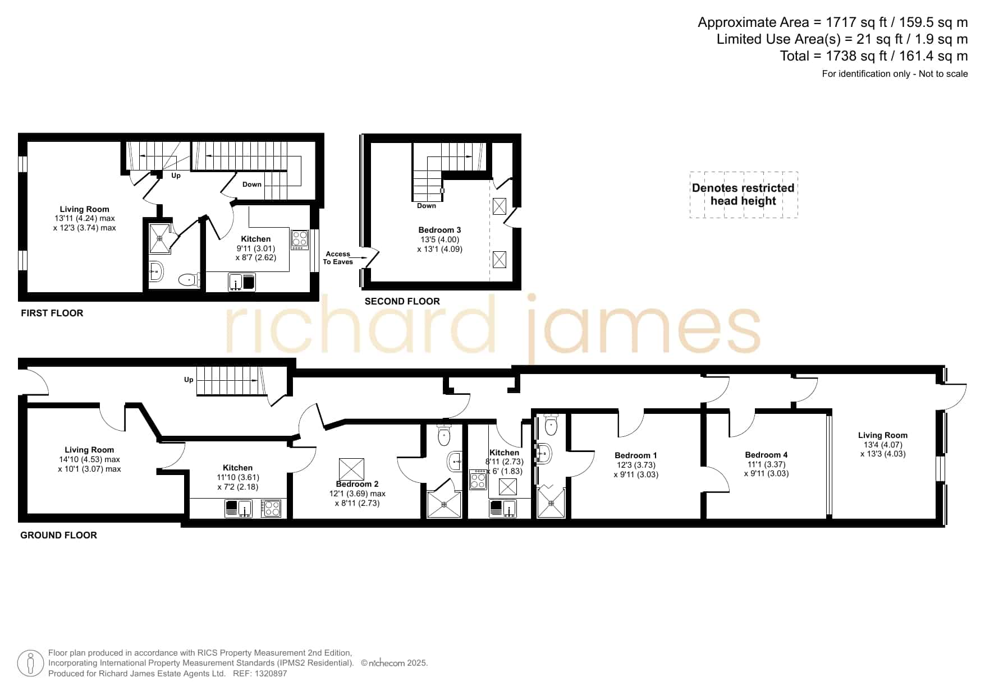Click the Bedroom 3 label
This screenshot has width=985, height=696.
439,230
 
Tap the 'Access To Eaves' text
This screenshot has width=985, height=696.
338,258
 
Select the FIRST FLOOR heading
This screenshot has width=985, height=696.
52,313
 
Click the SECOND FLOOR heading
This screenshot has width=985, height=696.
402,301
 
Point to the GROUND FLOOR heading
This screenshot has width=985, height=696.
58,535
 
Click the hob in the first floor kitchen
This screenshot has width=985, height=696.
299,240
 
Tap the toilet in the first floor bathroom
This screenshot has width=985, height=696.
189,279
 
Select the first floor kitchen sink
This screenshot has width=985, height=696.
242,282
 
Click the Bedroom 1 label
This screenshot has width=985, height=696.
636,455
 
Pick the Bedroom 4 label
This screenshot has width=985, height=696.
766,455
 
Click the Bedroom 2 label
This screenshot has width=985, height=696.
357,484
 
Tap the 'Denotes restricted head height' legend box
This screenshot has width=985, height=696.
744,195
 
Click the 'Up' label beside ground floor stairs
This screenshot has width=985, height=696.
189,380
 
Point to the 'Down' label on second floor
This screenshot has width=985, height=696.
427,206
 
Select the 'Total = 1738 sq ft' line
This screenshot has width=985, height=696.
874,56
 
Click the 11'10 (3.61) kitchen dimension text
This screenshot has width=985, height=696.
237,477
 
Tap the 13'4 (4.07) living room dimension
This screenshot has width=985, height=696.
882,445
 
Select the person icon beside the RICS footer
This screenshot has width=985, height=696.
31,663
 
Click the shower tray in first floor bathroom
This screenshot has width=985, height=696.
159,238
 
